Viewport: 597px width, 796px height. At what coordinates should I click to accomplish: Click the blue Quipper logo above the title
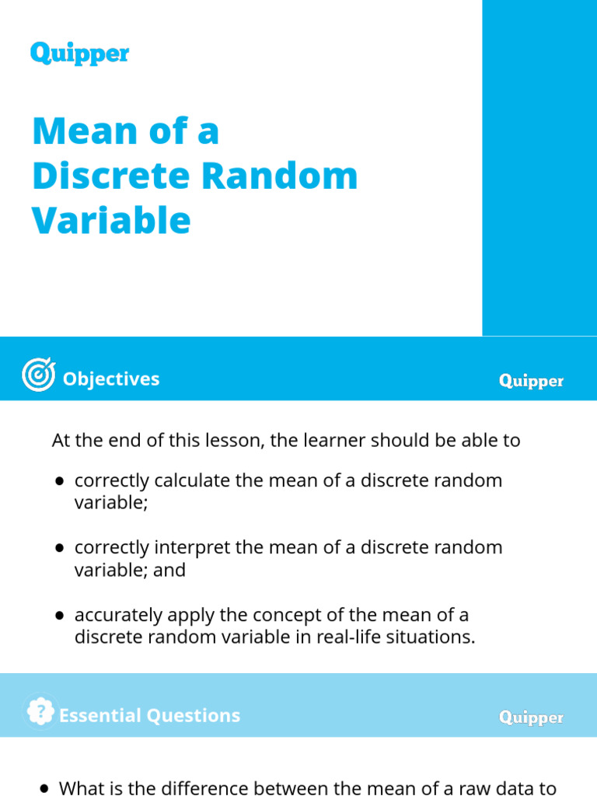[x=79, y=54]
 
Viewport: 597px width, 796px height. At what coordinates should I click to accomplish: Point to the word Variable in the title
[x=111, y=220]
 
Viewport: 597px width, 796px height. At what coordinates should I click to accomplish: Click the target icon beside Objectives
[x=38, y=375]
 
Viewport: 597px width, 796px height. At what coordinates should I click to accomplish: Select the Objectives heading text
[x=110, y=379]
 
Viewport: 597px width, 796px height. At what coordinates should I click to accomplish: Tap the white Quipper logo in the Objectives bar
[x=531, y=381]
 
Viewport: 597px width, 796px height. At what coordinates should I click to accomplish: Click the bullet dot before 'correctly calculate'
[x=60, y=481]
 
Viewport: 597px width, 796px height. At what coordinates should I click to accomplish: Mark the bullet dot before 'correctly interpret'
[x=60, y=548]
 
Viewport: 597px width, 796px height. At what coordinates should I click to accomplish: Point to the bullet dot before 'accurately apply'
[x=60, y=616]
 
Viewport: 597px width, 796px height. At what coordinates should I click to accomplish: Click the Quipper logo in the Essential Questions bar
[x=531, y=717]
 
